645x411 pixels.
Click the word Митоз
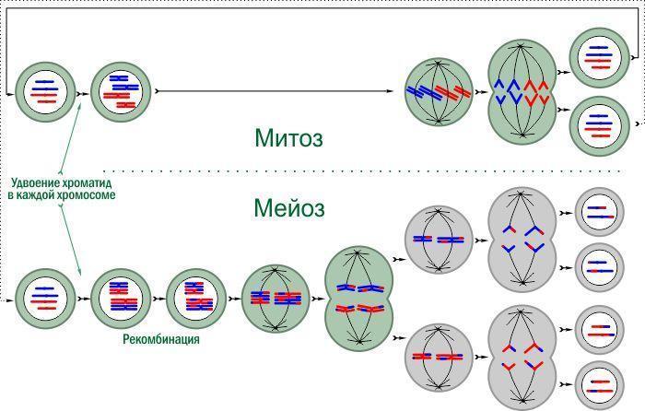(288, 137)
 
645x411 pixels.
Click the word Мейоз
(289, 207)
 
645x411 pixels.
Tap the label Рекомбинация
(161, 339)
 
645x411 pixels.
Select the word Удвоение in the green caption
(36, 182)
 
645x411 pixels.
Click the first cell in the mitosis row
(46, 92)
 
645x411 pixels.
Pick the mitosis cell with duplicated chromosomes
(121, 92)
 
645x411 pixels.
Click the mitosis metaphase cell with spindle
(439, 92)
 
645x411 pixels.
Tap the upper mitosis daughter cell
(600, 58)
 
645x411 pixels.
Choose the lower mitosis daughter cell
(600, 125)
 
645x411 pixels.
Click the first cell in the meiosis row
(46, 299)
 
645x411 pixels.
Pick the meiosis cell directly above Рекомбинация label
(196, 299)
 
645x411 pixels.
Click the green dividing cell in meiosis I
(359, 299)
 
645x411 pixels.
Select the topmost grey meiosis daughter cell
(599, 212)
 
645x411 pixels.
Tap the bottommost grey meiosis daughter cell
(599, 385)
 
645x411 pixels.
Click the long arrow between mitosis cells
(275, 91)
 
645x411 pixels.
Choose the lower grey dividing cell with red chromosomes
(522, 358)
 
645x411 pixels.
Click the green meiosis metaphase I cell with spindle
(276, 299)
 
